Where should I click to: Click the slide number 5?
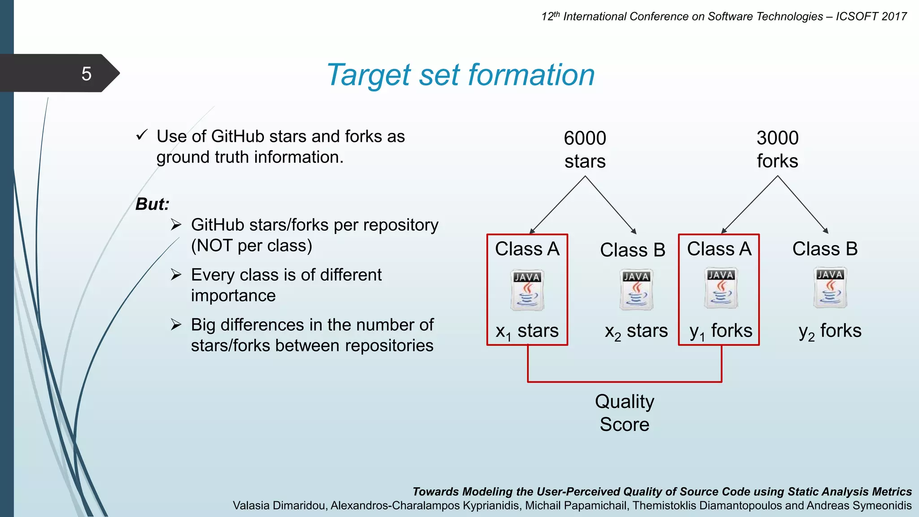(x=86, y=74)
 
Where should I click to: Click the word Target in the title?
(x=368, y=75)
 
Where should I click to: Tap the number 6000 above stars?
(x=585, y=138)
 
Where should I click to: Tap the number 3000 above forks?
(x=777, y=138)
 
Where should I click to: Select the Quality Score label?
(x=624, y=413)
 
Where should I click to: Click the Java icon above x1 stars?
(x=527, y=290)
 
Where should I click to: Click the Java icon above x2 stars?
(x=636, y=289)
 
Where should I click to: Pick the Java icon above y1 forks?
(x=720, y=288)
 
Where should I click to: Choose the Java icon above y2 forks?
(x=830, y=288)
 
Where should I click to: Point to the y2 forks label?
(x=830, y=331)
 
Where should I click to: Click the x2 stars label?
(x=636, y=331)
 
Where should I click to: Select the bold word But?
(x=153, y=204)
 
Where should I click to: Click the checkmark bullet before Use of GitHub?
(x=142, y=135)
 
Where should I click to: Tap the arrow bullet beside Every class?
(x=176, y=274)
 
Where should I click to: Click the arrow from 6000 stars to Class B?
(x=611, y=205)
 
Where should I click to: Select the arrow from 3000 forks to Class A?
(x=749, y=205)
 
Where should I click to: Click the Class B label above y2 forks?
(x=825, y=249)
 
